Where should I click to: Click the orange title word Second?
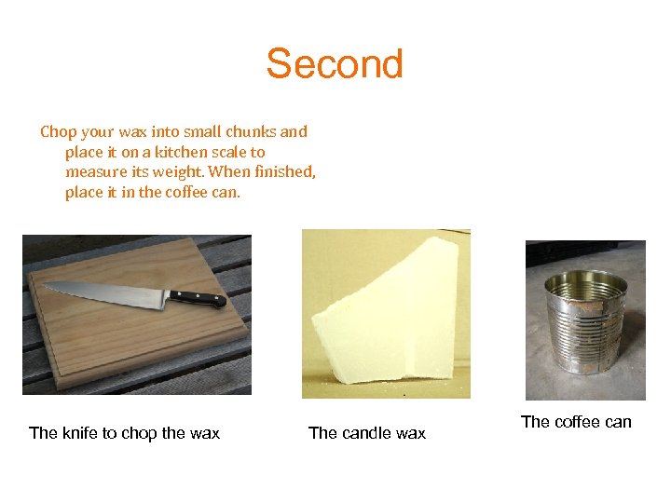tap(335, 64)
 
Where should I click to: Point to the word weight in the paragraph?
tap(176, 172)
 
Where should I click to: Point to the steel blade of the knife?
tap(112, 292)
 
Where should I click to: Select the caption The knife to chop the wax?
tap(125, 433)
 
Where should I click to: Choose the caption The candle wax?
tap(367, 433)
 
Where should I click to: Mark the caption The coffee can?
tap(576, 422)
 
